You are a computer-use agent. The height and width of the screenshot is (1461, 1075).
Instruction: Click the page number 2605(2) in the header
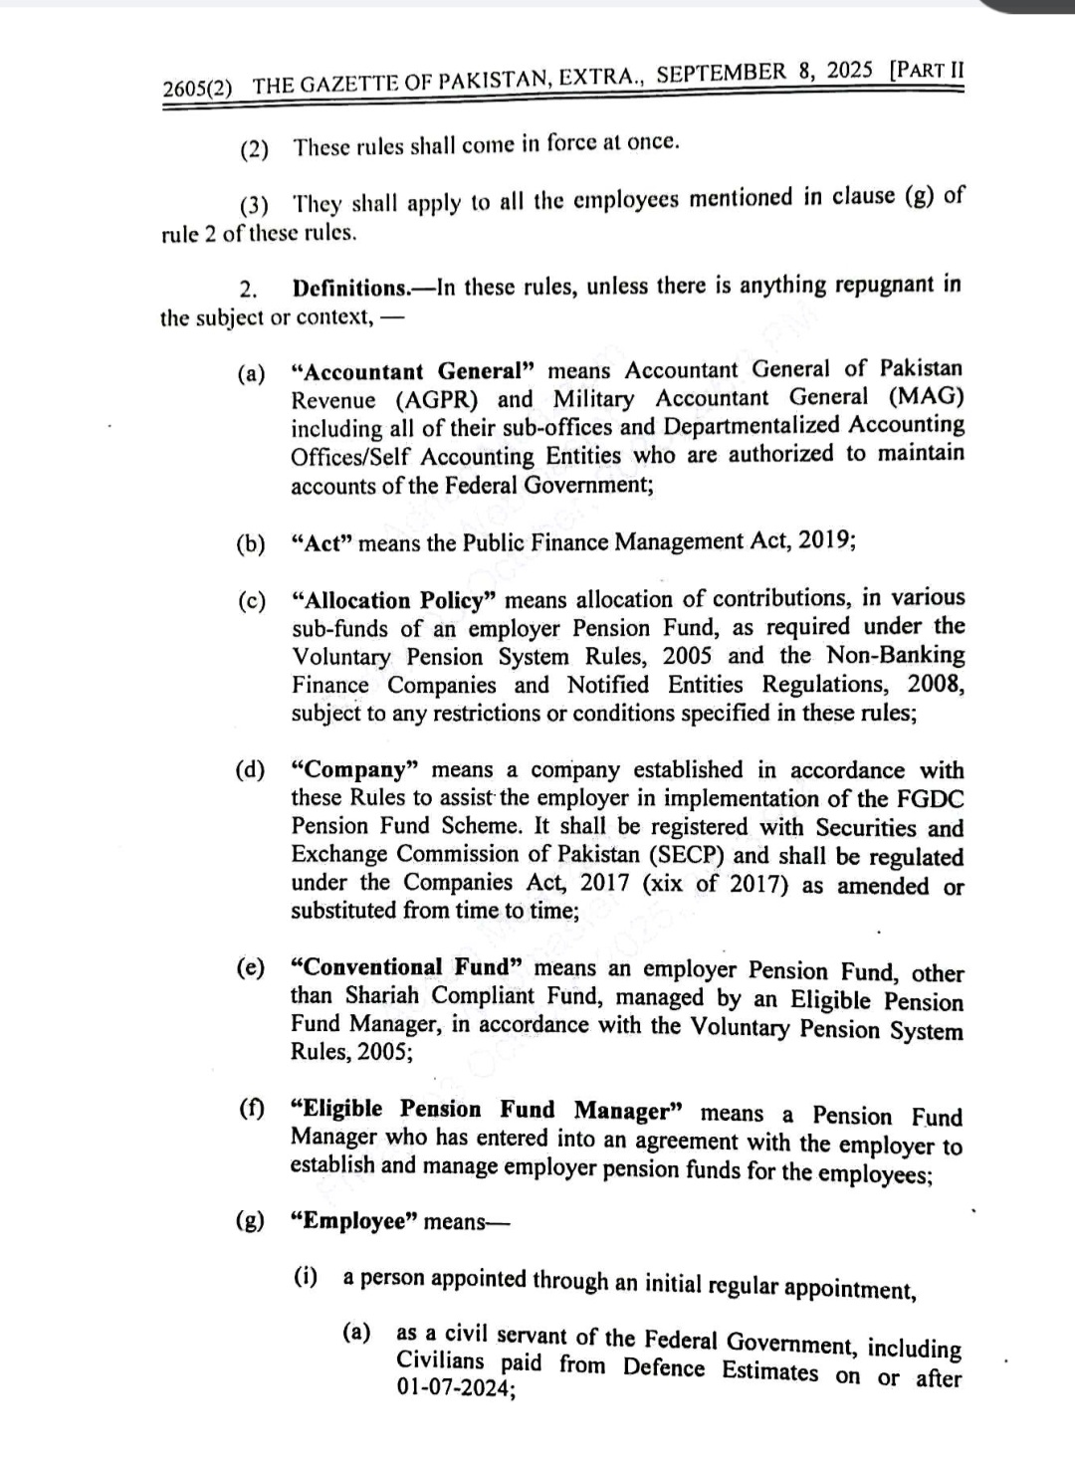pyautogui.click(x=197, y=87)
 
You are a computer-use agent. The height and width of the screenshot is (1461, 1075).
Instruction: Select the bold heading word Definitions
pyautogui.click(x=350, y=289)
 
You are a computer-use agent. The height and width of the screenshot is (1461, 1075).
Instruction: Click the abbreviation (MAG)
pyautogui.click(x=926, y=396)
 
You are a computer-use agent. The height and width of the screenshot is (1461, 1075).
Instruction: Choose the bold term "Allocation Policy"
pyautogui.click(x=394, y=601)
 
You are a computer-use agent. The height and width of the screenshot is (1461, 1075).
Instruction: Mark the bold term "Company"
pyautogui.click(x=354, y=771)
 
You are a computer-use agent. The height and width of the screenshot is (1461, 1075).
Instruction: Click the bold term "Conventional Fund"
pyautogui.click(x=406, y=967)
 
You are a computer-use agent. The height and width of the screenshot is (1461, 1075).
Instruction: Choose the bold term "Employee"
pyautogui.click(x=353, y=1222)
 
